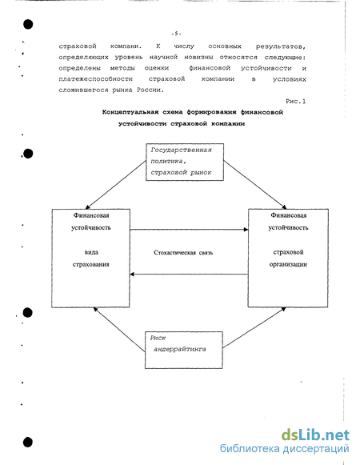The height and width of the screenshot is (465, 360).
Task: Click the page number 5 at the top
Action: pyautogui.click(x=176, y=34)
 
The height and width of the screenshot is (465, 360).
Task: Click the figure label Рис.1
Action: pyautogui.click(x=296, y=101)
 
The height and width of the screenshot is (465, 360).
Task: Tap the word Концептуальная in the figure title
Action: pyautogui.click(x=130, y=112)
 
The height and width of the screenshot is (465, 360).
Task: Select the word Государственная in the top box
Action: pyautogui.click(x=181, y=150)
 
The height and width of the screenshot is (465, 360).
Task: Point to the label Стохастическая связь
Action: pyautogui.click(x=183, y=253)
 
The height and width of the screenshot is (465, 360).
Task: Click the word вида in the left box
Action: pyautogui.click(x=91, y=252)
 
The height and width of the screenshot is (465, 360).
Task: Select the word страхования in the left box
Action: pyautogui.click(x=91, y=264)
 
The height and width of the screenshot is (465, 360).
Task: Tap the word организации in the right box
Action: pyautogui.click(x=288, y=264)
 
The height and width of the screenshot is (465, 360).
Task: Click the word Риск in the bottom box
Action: pyautogui.click(x=158, y=338)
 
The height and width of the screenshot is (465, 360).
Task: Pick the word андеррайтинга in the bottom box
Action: pyautogui.click(x=180, y=349)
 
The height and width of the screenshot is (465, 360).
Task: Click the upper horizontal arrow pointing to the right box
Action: pyautogui.click(x=189, y=230)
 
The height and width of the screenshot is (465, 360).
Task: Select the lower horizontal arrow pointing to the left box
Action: pyautogui.click(x=189, y=275)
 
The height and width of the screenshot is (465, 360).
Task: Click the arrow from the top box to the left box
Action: pyautogui.click(x=116, y=185)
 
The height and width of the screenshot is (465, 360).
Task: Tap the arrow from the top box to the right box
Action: pyautogui.click(x=255, y=185)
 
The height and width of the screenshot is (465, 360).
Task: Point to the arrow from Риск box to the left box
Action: pyautogui.click(x=119, y=330)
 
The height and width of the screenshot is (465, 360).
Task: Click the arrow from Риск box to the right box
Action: pyautogui.click(x=254, y=327)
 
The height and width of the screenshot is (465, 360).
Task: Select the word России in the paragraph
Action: pyautogui.click(x=150, y=90)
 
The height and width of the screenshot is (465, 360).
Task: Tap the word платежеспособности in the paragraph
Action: pyautogui.click(x=95, y=79)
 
